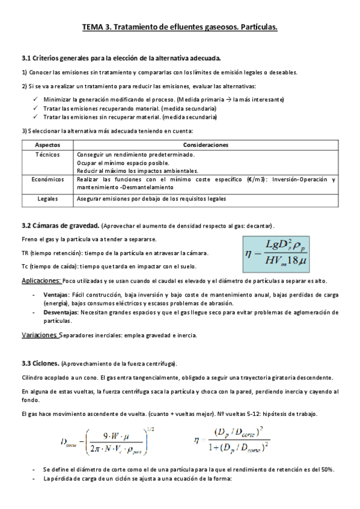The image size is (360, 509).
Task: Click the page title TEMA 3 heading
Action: tap(180, 28)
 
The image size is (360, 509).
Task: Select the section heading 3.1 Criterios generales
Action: tap(121, 58)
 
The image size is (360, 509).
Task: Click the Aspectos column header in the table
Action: tap(47, 145)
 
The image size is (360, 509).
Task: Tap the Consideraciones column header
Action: tap(206, 145)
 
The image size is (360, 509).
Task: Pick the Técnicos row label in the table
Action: tap(47, 154)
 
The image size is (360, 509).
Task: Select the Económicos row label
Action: tap(47, 179)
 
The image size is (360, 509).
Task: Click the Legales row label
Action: tap(47, 198)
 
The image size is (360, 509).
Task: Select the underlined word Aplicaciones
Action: tap(40, 281)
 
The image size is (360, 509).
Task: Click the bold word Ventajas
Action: tap(56, 295)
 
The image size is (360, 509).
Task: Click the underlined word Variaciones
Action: tap(40, 335)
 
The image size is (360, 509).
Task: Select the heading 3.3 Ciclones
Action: tap(40, 364)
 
